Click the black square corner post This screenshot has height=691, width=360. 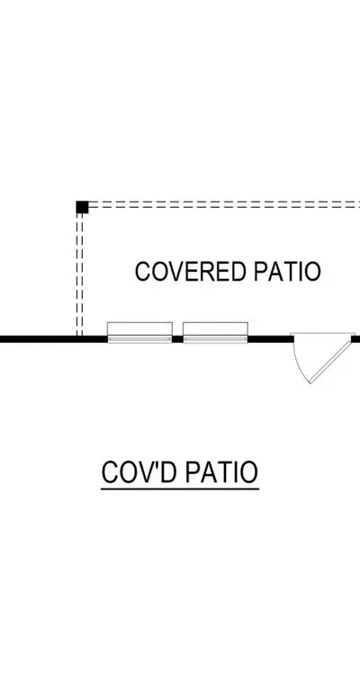point(82,207)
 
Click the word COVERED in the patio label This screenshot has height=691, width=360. point(190,272)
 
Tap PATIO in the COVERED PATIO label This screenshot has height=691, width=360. point(287,272)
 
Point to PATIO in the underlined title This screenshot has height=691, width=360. point(221,472)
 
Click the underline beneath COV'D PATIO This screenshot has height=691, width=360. point(180,489)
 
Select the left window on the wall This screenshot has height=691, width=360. point(139,333)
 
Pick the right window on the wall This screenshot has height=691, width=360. point(215,333)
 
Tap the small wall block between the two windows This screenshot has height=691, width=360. point(177,339)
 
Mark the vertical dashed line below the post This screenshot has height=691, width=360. point(79,275)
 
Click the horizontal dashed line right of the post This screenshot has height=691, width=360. point(224,204)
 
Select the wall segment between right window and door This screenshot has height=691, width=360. point(271,339)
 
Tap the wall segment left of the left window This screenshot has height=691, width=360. point(53,339)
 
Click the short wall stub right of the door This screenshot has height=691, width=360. point(355,339)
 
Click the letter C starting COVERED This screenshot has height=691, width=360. point(142,272)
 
